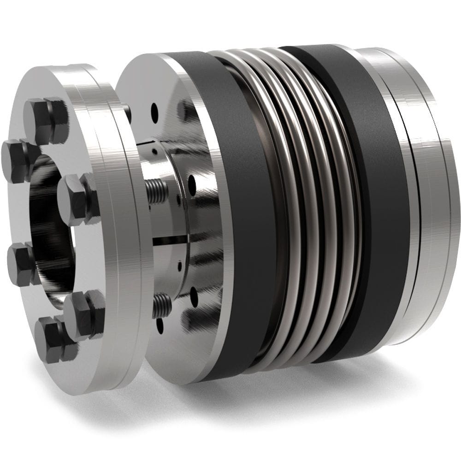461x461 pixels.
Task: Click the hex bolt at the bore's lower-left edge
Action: click(x=21, y=263)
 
